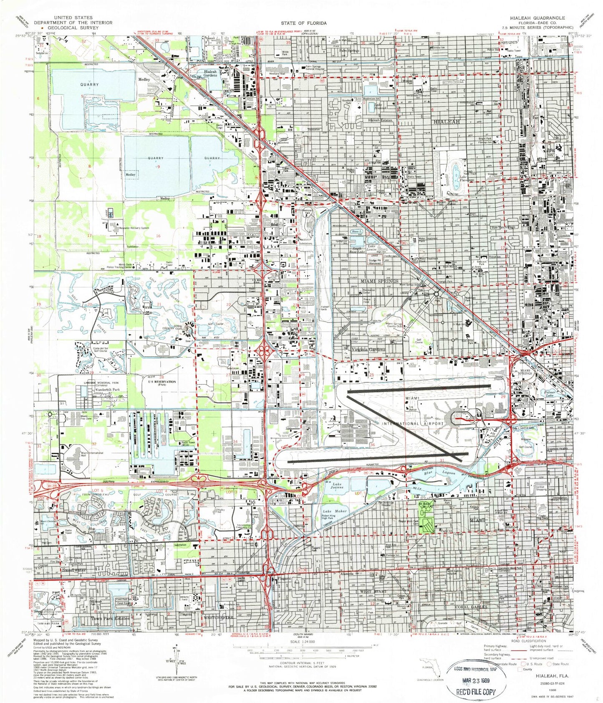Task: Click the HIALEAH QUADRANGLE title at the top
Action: pos(537,18)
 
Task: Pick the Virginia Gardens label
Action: pos(368,349)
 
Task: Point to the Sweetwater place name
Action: pos(74,570)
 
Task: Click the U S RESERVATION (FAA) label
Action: pos(162,383)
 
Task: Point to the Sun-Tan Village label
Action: pos(503,227)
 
